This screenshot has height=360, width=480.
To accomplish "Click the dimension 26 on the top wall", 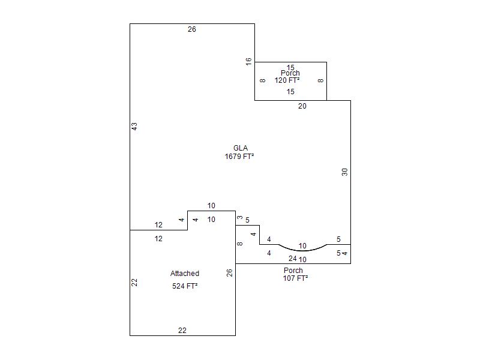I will point(192,29).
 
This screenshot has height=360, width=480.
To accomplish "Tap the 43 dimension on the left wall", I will point(135,127).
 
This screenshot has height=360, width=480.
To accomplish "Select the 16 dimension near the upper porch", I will point(248,61).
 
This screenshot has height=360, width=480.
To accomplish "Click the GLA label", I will point(241,148).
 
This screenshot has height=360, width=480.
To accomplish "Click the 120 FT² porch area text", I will point(287,80).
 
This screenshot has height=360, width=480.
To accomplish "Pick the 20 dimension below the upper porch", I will point(302,106).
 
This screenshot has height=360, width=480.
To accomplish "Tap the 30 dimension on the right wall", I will point(345,172).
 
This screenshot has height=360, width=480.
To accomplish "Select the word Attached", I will point(185,274).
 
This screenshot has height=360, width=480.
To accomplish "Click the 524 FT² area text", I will point(185,286).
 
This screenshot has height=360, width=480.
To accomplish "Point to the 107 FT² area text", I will point(296,278).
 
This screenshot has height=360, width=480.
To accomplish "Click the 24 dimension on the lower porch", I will point(293,259).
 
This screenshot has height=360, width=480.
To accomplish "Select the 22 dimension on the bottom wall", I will point(182,331).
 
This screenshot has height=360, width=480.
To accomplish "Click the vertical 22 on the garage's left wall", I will point(135,282).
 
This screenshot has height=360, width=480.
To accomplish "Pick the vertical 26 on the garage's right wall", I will point(230,273).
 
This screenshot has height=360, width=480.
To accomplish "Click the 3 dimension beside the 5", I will point(240,217).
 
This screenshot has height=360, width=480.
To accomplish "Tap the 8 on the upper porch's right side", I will point(321,80).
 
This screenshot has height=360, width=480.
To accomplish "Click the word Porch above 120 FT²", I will point(290,73).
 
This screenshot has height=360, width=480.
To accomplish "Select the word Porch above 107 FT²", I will point(293,271).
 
